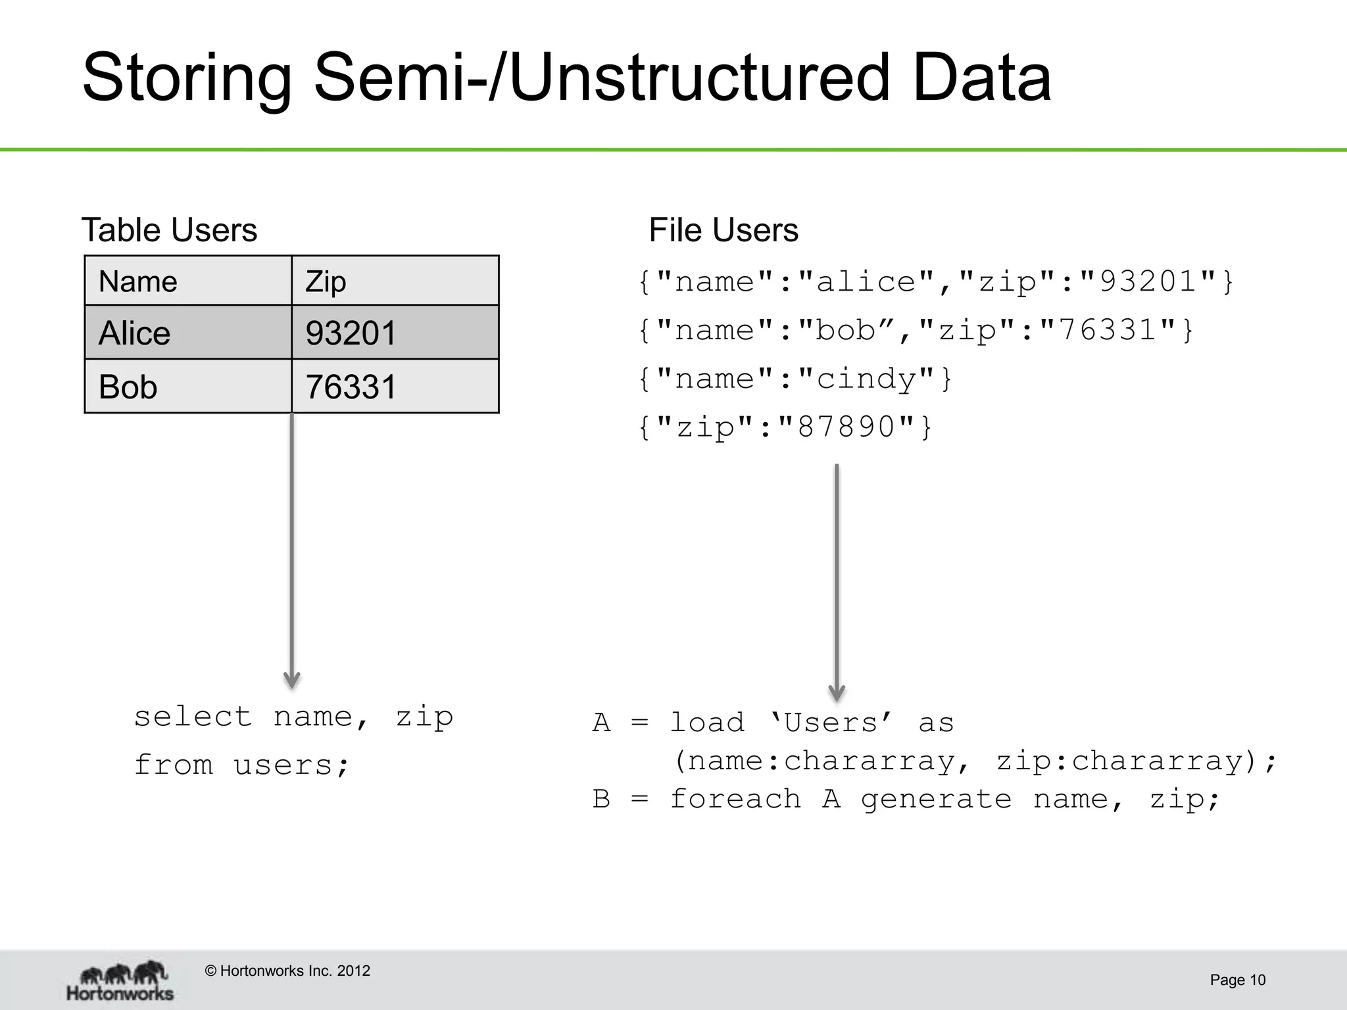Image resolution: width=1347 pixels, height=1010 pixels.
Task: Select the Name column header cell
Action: (187, 281)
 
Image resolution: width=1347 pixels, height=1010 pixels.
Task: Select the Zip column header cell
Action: (395, 281)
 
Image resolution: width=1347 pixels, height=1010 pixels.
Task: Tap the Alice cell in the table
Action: (187, 333)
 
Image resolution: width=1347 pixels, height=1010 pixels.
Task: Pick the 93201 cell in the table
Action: (395, 333)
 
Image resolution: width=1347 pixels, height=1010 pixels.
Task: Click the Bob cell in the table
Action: (187, 387)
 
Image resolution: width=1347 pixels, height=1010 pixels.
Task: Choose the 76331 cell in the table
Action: (395, 387)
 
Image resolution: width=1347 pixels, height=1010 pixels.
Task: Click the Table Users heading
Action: (169, 230)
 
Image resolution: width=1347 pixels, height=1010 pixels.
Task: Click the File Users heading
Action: (723, 230)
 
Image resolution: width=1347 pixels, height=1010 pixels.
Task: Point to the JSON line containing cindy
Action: (795, 379)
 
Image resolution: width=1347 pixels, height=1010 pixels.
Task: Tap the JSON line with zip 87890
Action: (785, 427)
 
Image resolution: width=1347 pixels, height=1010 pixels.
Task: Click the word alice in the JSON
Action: (866, 282)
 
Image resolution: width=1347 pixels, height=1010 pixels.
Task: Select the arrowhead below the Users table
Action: (291, 681)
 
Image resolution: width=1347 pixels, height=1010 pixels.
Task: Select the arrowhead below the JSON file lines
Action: (837, 692)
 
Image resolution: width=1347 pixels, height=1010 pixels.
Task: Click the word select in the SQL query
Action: (193, 717)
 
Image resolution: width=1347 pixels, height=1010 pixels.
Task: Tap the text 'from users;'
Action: (241, 765)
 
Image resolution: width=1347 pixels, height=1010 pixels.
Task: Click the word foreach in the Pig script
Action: (735, 800)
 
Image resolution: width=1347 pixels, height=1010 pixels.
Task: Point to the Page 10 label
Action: (1237, 980)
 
